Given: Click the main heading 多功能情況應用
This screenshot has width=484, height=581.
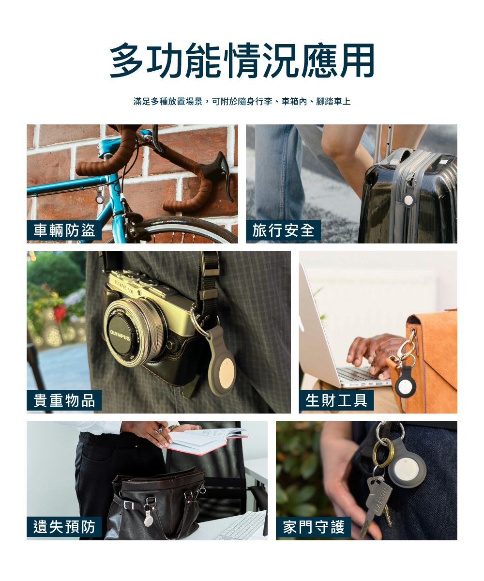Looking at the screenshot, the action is (x=242, y=61).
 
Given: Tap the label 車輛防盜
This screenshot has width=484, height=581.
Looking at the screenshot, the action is (x=64, y=230).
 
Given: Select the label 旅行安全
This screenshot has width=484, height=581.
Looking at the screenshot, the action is (x=283, y=230).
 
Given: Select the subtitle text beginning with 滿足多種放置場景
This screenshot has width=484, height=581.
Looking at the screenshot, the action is (x=242, y=102).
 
